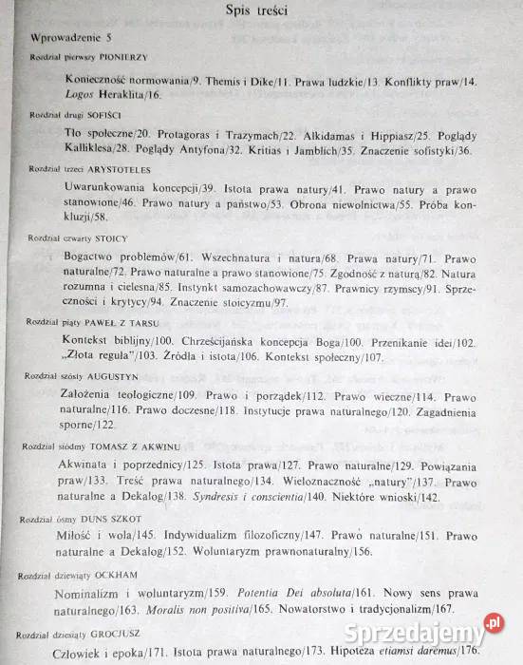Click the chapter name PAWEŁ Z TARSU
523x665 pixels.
(x=125, y=323)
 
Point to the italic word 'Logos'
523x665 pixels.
(x=91, y=96)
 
